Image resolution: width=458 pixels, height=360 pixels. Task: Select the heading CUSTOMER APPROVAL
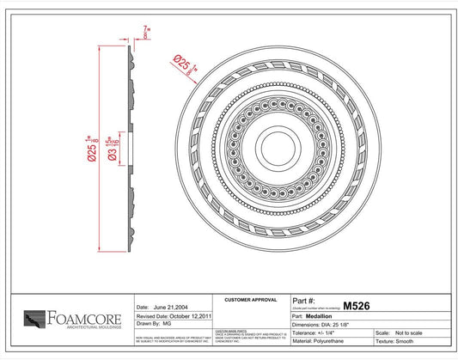pos(250,300)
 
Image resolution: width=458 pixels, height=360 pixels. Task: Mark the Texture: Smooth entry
pos(412,342)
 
